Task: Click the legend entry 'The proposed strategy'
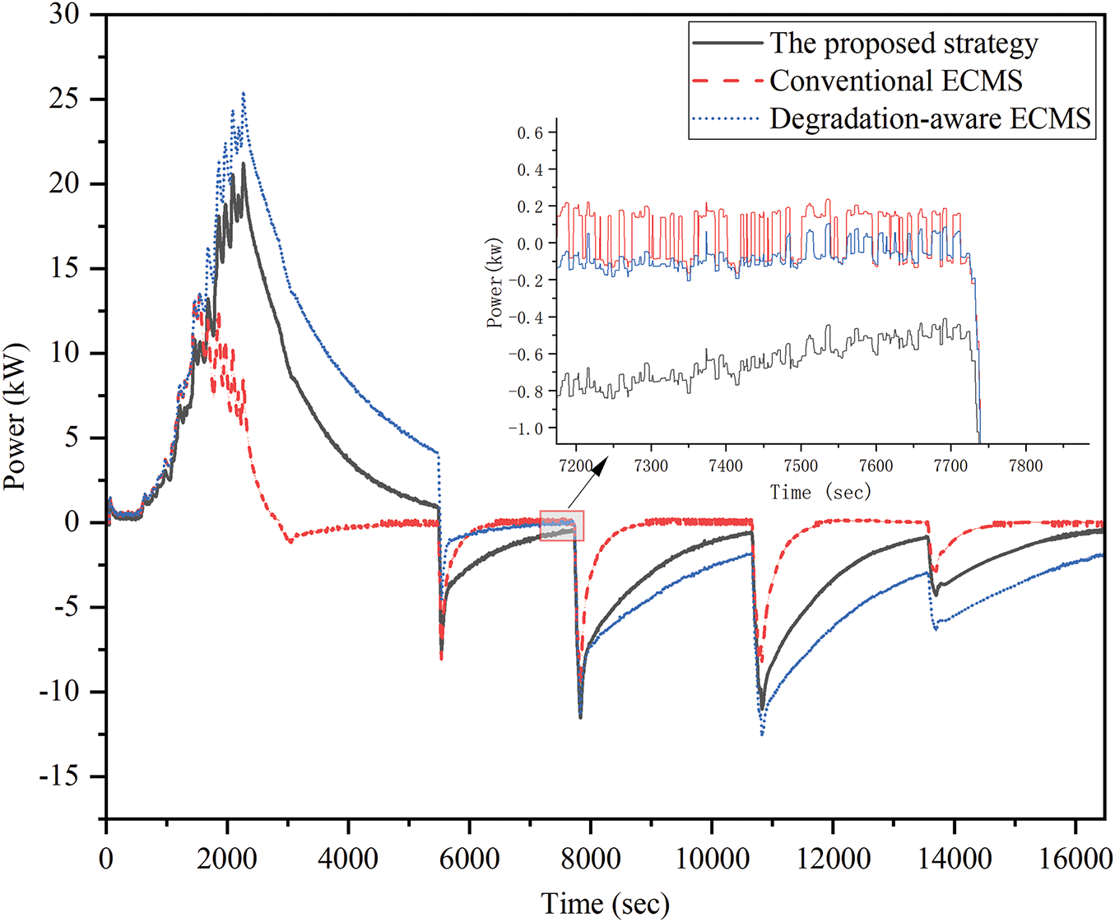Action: (904, 43)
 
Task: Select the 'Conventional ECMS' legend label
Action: (895, 81)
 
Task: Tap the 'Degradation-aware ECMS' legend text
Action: (930, 118)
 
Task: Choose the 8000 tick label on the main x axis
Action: (590, 859)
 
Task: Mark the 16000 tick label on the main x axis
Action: (1075, 859)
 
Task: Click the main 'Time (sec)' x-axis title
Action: (606, 904)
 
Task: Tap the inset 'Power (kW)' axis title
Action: (495, 283)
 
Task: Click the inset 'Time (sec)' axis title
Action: (820, 492)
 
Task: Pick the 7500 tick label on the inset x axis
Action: (801, 466)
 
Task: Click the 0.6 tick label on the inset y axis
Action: (531, 132)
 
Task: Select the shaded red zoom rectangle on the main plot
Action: (562, 526)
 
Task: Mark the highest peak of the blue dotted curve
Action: (243, 94)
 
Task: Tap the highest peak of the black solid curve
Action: (243, 164)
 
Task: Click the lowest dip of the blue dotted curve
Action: (762, 734)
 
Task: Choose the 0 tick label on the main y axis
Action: (72, 522)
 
